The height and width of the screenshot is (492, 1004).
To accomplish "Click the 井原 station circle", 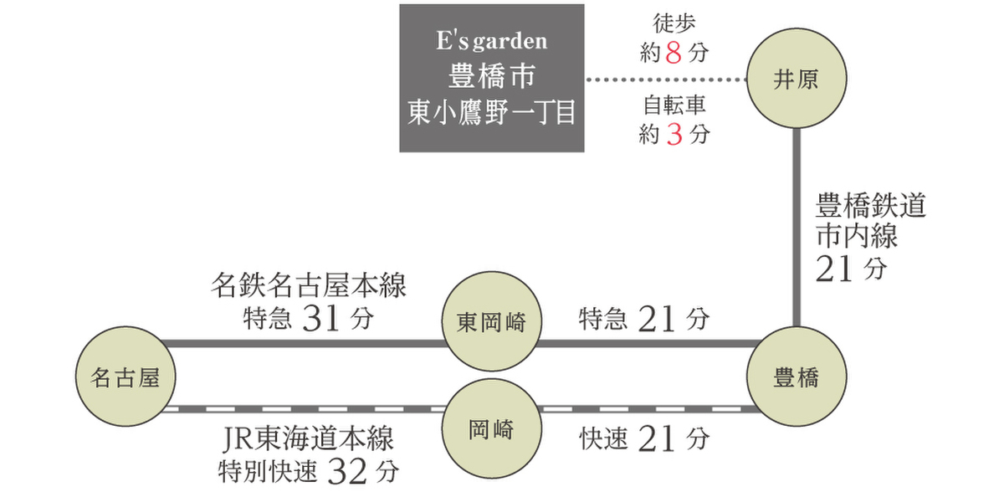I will [796, 80].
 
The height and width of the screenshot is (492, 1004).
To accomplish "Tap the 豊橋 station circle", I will [796, 377].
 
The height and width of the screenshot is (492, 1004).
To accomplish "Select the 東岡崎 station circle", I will [491, 323].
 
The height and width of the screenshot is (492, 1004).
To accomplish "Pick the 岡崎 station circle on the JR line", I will [491, 432].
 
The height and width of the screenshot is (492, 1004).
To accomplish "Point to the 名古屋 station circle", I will [124, 377].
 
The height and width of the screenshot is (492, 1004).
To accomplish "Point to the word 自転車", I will [674, 106].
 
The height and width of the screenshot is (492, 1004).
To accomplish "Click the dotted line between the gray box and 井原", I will [665, 80].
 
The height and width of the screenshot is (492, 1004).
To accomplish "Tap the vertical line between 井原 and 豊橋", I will [796, 226].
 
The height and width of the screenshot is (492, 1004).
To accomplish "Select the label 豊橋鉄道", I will [871, 206].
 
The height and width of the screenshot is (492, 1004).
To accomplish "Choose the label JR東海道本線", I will [310, 440].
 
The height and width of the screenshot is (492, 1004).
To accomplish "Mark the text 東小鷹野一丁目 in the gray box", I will [491, 113].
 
